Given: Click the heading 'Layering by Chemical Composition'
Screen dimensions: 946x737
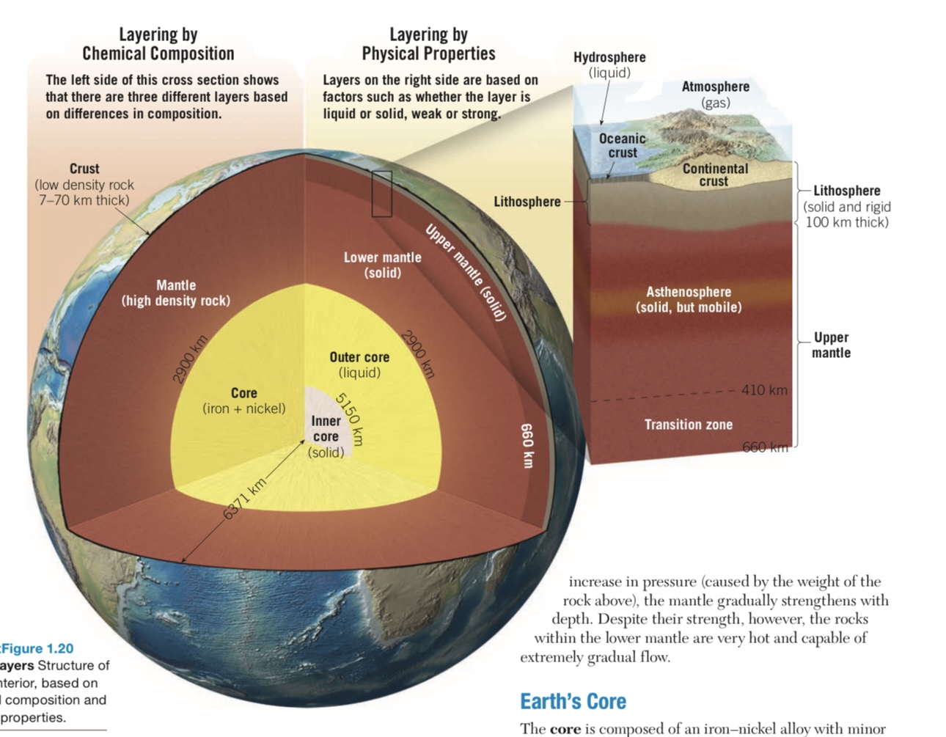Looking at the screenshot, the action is (x=158, y=44).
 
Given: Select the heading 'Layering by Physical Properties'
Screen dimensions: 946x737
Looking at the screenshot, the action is (x=429, y=44).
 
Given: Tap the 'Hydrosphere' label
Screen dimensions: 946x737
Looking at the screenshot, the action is (x=609, y=57).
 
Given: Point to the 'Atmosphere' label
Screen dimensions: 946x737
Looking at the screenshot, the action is (x=716, y=87).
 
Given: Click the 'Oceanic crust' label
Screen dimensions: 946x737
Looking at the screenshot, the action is (x=623, y=145).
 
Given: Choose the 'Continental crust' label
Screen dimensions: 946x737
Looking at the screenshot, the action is (x=715, y=175).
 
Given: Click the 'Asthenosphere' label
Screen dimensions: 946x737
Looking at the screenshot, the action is (x=689, y=292).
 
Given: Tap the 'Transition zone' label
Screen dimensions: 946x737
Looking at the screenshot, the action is (x=689, y=425).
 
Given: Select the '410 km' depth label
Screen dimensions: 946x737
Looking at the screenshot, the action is (x=764, y=390).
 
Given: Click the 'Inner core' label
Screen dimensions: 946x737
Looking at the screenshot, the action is (x=326, y=429).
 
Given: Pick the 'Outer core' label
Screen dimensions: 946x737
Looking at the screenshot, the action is (x=359, y=357).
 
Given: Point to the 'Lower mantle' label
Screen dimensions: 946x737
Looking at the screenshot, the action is (x=383, y=257).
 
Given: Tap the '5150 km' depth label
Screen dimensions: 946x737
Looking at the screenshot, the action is (x=349, y=419).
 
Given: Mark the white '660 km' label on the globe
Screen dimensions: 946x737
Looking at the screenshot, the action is (x=527, y=445).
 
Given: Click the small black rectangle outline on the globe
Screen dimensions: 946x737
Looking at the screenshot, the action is (x=382, y=194).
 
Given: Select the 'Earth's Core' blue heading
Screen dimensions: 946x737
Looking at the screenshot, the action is (x=573, y=701).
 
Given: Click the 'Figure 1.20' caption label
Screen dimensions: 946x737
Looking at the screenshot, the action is (x=37, y=648).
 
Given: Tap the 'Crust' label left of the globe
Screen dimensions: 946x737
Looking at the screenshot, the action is (x=84, y=169).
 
